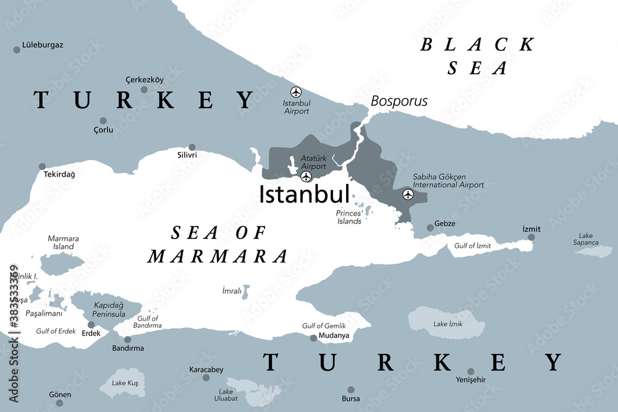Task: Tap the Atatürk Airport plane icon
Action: tap(306, 177)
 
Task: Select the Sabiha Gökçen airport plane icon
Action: tap(407, 195)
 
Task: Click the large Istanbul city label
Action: tap(304, 193)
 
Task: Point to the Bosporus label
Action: tap(399, 101)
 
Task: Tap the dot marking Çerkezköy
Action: tap(144, 90)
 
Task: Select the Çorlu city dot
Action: tap(103, 121)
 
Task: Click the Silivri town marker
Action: tap(192, 147)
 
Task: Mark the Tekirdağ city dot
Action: tap(42, 166)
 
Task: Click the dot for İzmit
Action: tap(531, 237)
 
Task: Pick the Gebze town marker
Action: tap(430, 228)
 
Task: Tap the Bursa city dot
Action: tap(350, 390)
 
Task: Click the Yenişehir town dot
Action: tap(471, 372)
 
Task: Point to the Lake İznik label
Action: tap(448, 324)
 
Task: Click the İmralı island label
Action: tap(231, 290)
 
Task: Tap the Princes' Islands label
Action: tap(349, 217)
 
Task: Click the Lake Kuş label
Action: tap(125, 383)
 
